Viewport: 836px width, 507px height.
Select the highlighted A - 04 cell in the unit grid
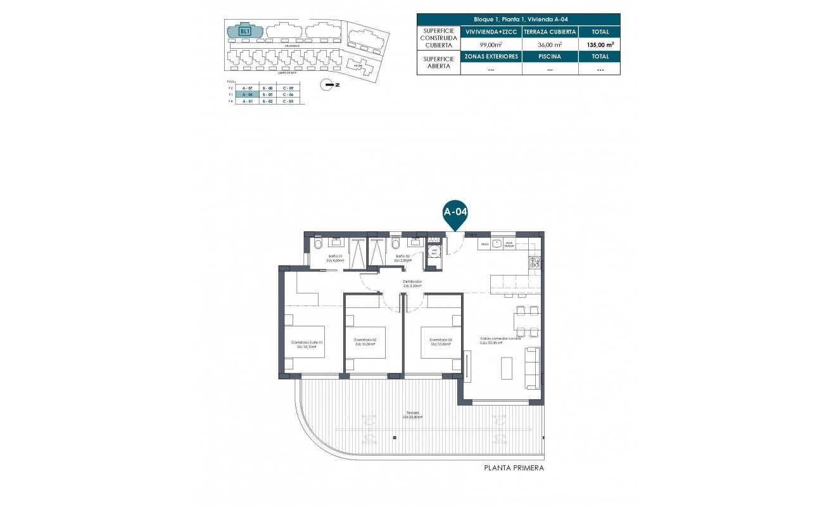coord(248,94)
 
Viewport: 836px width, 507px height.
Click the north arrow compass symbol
coord(327,84)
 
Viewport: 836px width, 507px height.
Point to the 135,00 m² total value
coord(599,45)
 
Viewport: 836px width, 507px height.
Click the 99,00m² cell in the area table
coord(491,45)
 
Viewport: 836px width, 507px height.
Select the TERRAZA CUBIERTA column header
coord(550,32)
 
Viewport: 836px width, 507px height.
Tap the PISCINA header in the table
coord(550,56)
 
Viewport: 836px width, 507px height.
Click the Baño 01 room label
coord(334,257)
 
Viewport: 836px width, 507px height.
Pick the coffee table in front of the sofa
coord(508,368)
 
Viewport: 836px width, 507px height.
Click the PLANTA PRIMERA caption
coord(514,468)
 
